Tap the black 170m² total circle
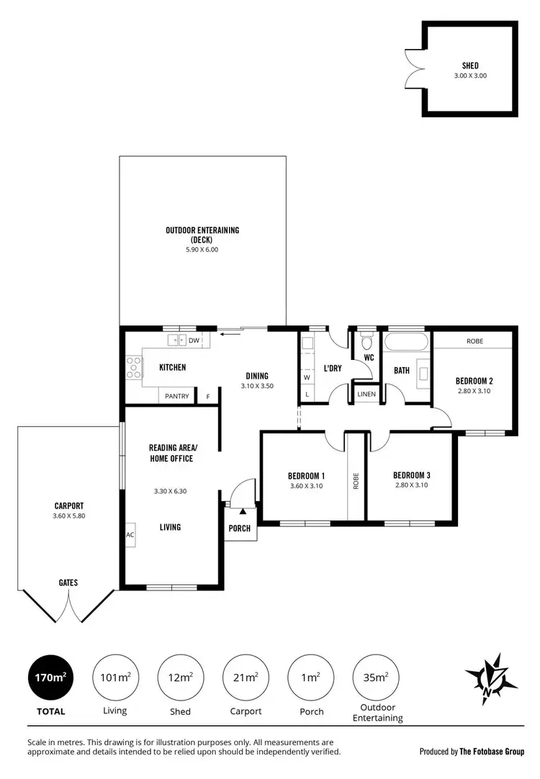pos(50,677)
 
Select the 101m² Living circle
pos(114,677)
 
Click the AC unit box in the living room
pos(130,534)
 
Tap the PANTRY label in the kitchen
pos(177,396)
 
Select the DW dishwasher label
pos(194,340)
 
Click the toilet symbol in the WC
pos(366,339)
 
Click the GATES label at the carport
pos(69,582)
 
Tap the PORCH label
pos(240,528)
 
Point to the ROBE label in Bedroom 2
pos(474,341)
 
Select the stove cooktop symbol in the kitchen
pos(133,367)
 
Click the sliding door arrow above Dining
pos(231,333)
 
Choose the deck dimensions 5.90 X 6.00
pos(202,249)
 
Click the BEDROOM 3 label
pos(411,475)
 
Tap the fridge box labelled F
pos(209,396)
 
